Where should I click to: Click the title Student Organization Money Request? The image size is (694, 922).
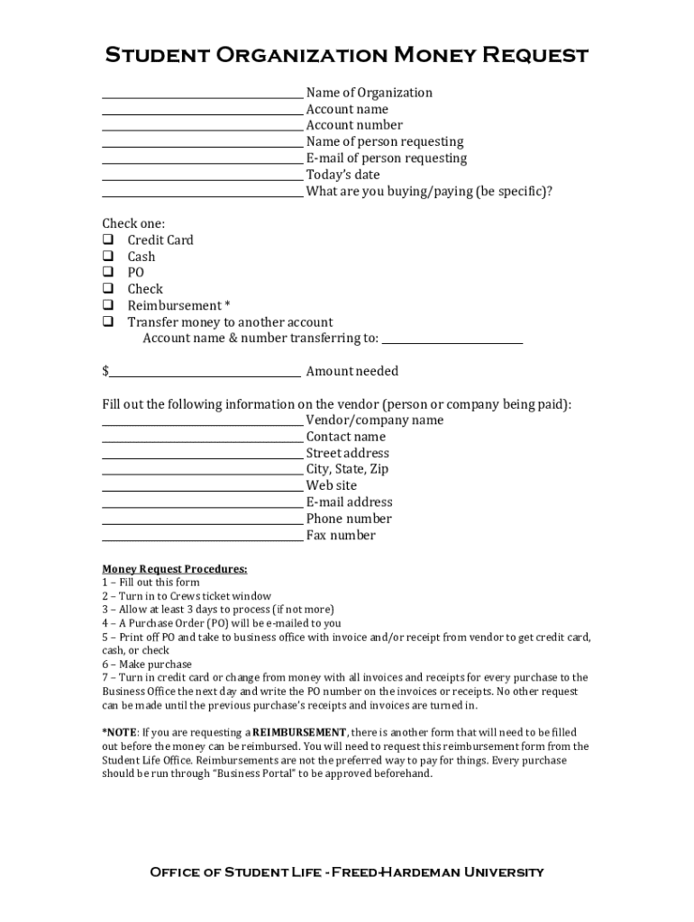347,56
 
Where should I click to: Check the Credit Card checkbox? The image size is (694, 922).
107,240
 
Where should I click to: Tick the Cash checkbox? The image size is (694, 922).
107,256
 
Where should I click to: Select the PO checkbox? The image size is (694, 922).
107,272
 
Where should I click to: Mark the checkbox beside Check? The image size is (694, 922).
107,289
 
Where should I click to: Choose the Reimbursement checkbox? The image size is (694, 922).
107,305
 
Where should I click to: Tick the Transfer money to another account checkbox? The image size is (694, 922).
107,321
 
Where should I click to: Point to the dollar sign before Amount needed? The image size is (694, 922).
105,371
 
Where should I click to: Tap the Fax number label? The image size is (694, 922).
341,536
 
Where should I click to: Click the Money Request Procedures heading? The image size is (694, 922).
174,569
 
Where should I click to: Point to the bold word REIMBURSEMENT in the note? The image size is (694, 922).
299,732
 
